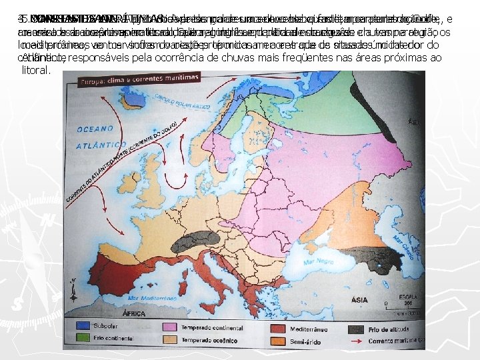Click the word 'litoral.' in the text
click(36, 69)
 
